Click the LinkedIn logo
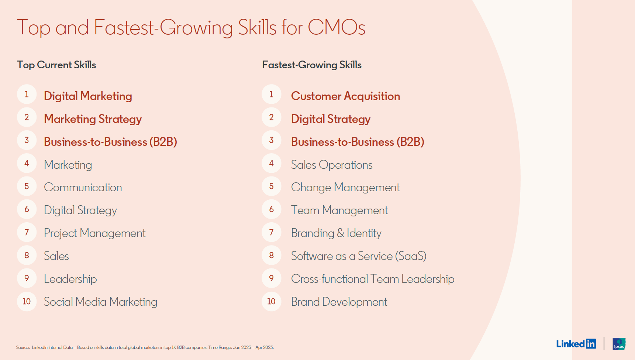click(576, 344)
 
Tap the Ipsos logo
click(619, 344)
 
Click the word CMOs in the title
click(336, 28)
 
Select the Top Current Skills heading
click(56, 65)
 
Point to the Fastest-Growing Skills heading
click(312, 65)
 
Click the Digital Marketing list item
click(88, 96)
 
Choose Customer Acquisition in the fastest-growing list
click(345, 96)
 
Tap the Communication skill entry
click(83, 188)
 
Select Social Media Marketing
click(100, 302)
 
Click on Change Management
click(345, 188)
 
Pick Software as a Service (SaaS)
click(358, 256)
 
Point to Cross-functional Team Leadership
click(372, 279)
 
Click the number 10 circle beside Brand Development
click(271, 302)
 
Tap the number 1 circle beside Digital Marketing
click(27, 95)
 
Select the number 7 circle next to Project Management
click(27, 232)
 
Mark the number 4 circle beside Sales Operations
click(271, 163)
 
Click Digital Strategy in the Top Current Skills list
click(80, 210)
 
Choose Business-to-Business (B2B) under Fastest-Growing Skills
click(357, 142)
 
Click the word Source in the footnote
click(23, 347)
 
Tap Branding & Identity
click(336, 233)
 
